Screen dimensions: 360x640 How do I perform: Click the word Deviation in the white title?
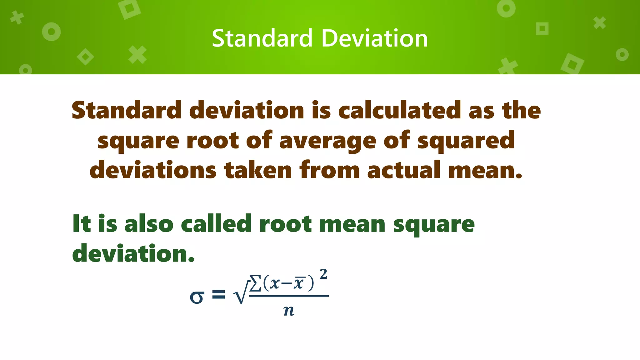pyautogui.click(x=374, y=38)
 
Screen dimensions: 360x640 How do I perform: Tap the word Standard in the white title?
pyautogui.click(x=262, y=38)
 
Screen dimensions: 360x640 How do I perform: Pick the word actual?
pyautogui.click(x=403, y=170)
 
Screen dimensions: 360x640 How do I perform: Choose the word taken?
pyautogui.click(x=258, y=170)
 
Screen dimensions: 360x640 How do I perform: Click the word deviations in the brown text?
pyautogui.click(x=153, y=170)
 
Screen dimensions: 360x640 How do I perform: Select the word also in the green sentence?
pyautogui.click(x=149, y=224)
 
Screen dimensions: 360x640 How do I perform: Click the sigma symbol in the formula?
pyautogui.click(x=197, y=296)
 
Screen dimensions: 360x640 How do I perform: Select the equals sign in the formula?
pyautogui.click(x=218, y=294)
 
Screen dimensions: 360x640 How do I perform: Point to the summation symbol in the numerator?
pyautogui.click(x=255, y=283)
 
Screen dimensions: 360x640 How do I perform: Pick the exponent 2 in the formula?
pyautogui.click(x=323, y=274)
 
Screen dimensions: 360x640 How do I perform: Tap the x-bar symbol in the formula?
pyautogui.click(x=299, y=283)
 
